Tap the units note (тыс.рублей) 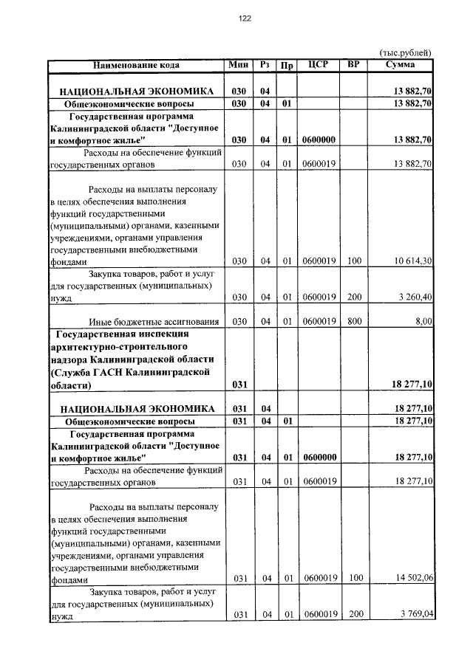click(405, 53)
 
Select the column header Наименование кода click(136, 65)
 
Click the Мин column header click(238, 65)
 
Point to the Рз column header click(265, 65)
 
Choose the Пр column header click(287, 65)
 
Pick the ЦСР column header click(319, 65)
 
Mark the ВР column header click(353, 65)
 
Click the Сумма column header click(400, 65)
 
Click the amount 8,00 click(423, 322)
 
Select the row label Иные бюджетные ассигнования click(154, 322)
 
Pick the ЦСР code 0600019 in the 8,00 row click(319, 322)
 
